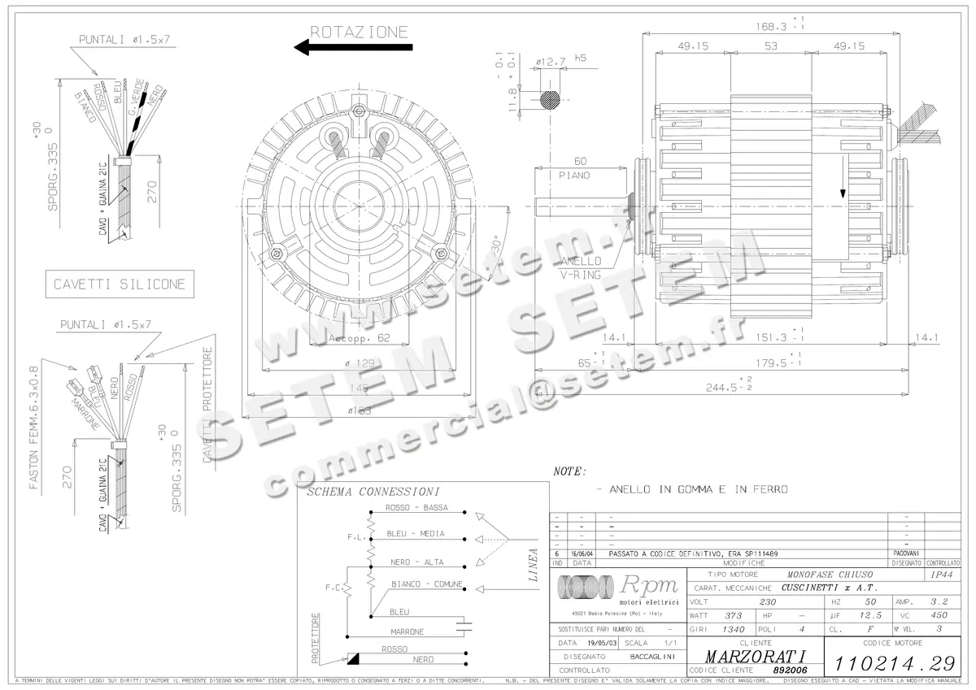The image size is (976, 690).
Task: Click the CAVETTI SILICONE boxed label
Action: pos(120,284)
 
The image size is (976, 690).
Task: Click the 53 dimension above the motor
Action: pos(771,46)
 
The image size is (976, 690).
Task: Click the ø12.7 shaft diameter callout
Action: pos(551,61)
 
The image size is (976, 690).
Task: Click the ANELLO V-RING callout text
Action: pos(580,267)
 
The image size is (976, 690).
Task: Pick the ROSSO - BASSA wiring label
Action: pos(416,508)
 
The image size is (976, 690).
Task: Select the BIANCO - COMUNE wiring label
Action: pos(426,584)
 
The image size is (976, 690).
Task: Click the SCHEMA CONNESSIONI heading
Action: pos(373,492)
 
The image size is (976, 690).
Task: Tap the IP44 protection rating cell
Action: pos(941,574)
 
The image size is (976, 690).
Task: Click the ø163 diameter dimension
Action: pos(359,410)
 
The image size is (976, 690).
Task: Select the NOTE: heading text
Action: pos(569,471)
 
